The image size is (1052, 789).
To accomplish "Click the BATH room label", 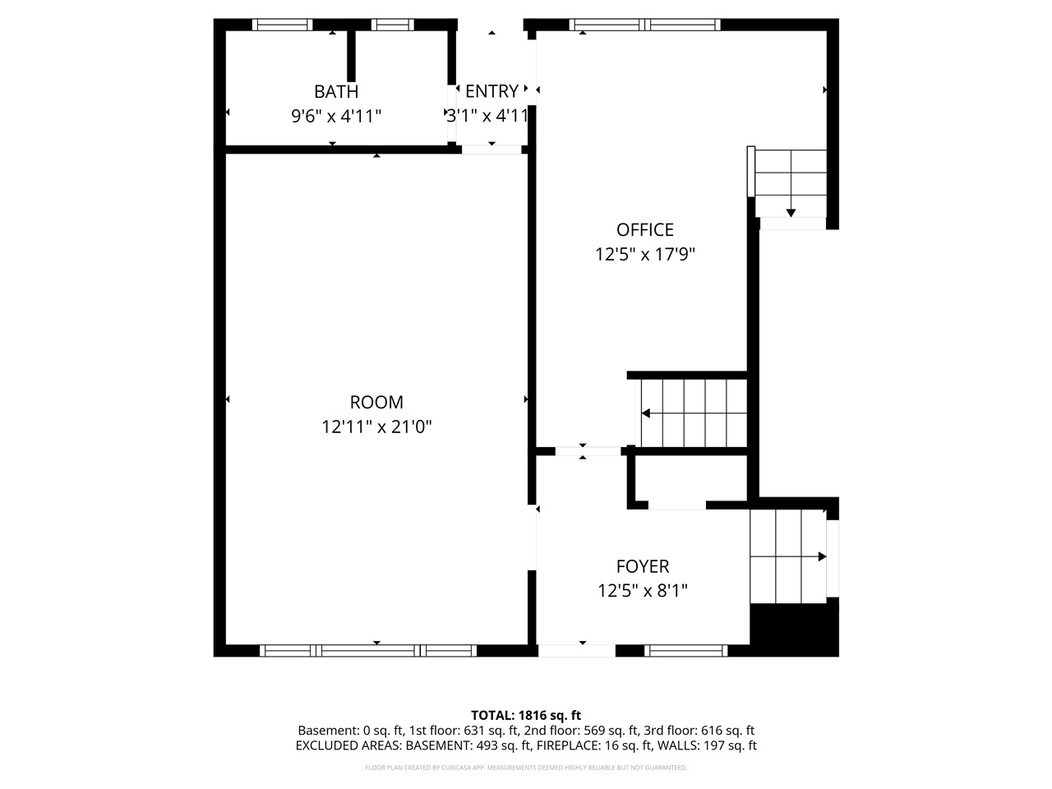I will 336,91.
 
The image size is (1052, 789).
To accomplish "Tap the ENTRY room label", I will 491,91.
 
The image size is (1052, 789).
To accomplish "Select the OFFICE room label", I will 645,230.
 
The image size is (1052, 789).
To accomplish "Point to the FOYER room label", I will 643,566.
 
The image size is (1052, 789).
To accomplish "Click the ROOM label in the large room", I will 376,402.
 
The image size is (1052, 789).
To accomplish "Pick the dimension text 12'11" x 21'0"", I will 376,427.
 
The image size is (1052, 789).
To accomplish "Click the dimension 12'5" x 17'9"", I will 645,255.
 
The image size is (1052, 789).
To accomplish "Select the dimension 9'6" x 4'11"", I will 336,116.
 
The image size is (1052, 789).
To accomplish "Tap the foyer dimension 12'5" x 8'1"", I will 643,591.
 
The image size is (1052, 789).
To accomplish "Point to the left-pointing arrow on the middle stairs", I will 647,413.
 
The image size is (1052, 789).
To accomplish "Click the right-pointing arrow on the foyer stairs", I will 821,556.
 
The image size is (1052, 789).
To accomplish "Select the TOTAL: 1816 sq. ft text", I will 526,715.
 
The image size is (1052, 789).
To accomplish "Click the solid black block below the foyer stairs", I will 794,629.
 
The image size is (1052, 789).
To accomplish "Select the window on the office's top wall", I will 644,25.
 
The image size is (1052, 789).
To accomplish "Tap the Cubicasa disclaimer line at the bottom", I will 526,768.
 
